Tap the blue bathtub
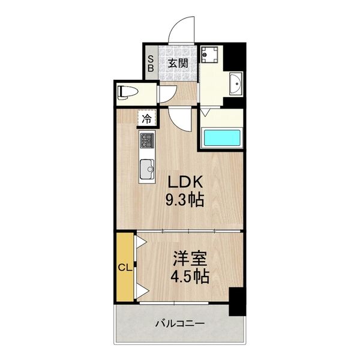point(221,137)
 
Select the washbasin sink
point(235,83)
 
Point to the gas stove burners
point(147,141)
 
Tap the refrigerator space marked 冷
point(146,118)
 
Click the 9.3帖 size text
point(185,200)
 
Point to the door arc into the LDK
point(181,118)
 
